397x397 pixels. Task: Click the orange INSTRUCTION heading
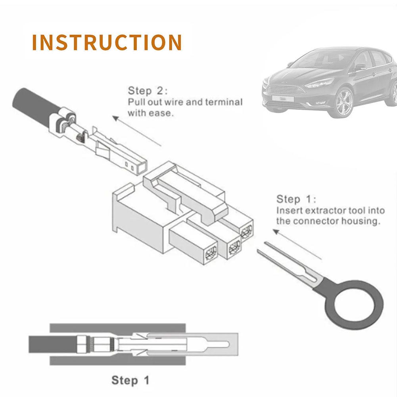pyautogui.click(x=107, y=42)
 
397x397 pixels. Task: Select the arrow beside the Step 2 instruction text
pyautogui.click(x=136, y=131)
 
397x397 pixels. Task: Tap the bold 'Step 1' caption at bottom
pyautogui.click(x=130, y=381)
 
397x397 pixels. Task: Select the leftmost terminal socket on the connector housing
pyautogui.click(x=211, y=251)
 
